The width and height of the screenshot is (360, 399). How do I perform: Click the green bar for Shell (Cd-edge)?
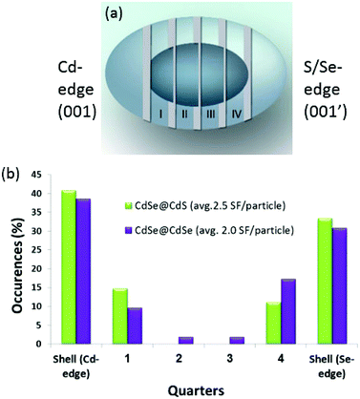click(x=69, y=266)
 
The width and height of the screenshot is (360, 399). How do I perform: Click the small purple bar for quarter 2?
click(x=185, y=340)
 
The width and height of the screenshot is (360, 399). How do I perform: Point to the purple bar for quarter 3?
click(x=238, y=340)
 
